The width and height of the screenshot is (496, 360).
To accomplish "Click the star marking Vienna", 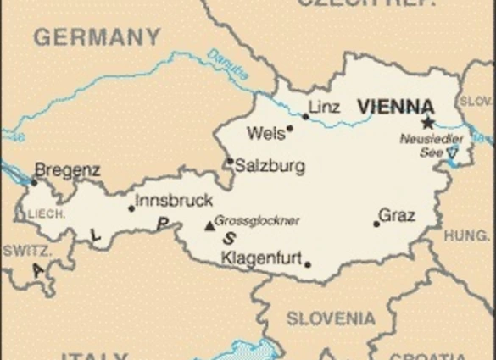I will (x=427, y=122).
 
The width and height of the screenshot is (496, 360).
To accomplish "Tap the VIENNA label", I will (x=394, y=107).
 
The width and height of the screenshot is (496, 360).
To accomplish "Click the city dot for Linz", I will (x=306, y=116).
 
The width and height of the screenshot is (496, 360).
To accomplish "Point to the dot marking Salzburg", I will (x=229, y=162).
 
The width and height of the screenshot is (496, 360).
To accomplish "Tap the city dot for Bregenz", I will (x=34, y=181).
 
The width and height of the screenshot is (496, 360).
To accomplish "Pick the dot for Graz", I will (x=376, y=224).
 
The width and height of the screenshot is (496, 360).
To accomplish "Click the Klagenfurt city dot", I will (x=307, y=263).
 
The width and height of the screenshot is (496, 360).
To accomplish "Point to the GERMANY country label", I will (x=96, y=37).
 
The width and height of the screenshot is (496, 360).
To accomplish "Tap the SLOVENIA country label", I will (x=330, y=318).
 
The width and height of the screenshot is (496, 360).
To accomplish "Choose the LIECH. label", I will (x=46, y=214).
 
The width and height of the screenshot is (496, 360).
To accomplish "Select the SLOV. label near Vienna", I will (x=475, y=101).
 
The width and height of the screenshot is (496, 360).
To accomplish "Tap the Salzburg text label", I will (x=270, y=166).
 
